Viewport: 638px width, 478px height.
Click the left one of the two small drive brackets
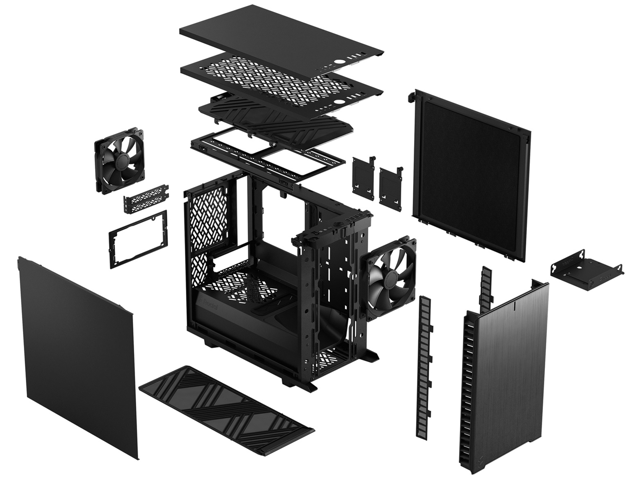pyautogui.click(x=363, y=174)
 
